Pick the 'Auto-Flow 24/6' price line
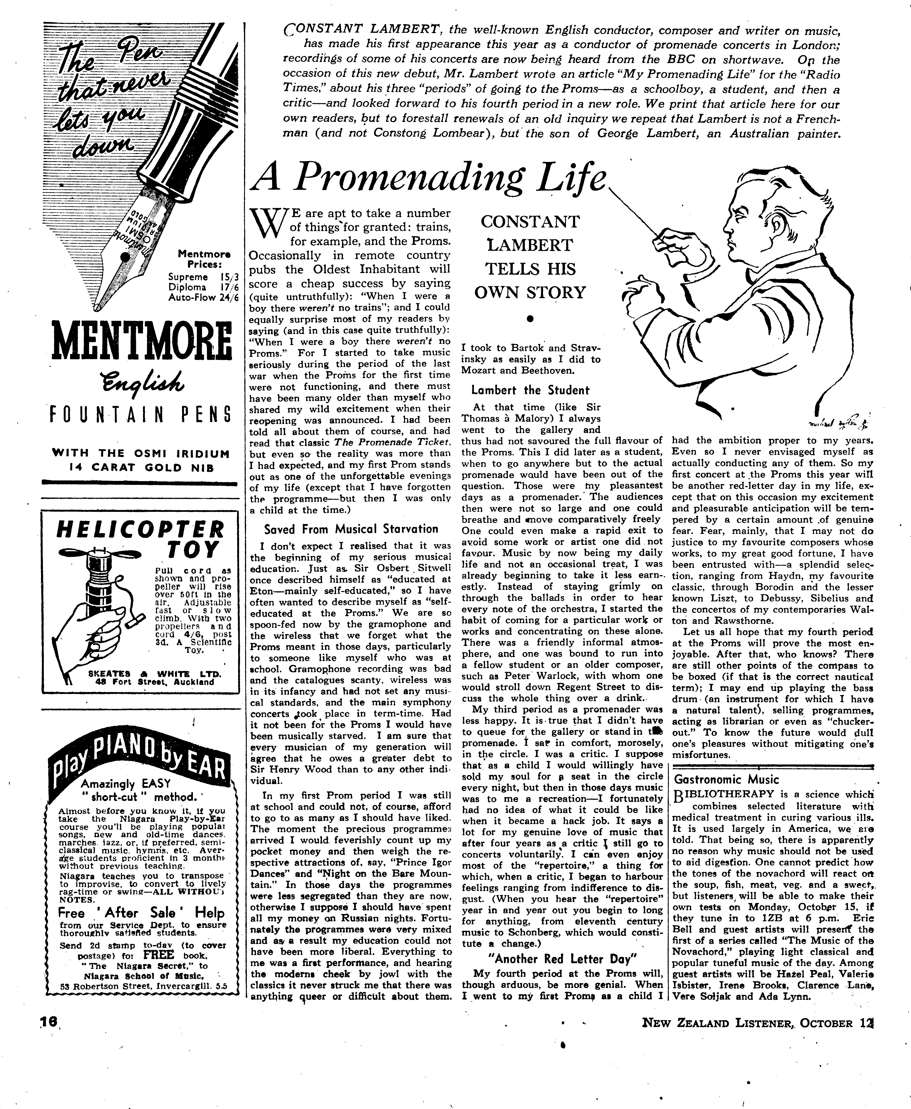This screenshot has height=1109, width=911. coord(203,297)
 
